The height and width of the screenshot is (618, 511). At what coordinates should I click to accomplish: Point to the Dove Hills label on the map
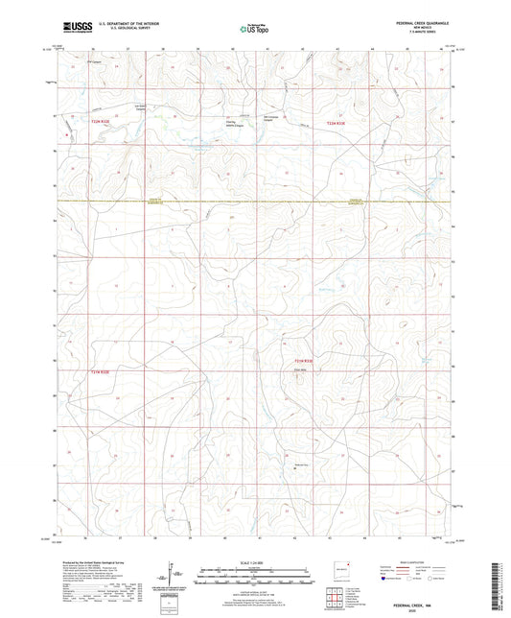(x=300, y=369)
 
